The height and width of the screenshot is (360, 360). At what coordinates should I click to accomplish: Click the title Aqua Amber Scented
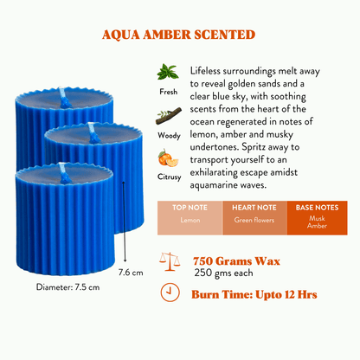click(178, 35)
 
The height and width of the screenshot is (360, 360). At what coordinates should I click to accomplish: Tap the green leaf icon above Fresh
click(168, 72)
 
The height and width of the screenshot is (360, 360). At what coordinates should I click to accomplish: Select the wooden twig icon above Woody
click(169, 116)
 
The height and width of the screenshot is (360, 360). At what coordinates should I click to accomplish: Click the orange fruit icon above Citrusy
click(168, 158)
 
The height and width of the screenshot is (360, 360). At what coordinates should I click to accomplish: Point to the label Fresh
click(169, 92)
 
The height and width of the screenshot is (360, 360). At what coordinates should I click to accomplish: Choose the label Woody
click(169, 135)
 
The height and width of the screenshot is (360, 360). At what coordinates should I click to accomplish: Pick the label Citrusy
click(169, 177)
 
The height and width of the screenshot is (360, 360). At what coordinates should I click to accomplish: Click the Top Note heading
click(190, 208)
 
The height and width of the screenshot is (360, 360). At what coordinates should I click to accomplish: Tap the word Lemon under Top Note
click(190, 220)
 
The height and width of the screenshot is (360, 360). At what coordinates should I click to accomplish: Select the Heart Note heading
click(254, 208)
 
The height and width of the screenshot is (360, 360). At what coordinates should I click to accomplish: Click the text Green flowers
click(254, 220)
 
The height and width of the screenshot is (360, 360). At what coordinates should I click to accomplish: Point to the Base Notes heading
click(317, 208)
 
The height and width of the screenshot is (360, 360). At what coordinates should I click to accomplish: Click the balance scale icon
click(170, 261)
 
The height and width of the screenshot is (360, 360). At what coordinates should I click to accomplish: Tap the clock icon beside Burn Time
click(170, 292)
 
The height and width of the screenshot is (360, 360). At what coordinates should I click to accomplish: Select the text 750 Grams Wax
click(236, 261)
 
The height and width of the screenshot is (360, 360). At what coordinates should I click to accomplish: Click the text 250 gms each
click(223, 273)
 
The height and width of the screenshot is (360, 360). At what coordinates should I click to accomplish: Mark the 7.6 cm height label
click(131, 273)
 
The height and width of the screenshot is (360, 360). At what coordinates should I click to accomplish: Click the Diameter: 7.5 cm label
click(67, 287)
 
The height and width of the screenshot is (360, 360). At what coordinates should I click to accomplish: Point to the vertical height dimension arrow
click(124, 222)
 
